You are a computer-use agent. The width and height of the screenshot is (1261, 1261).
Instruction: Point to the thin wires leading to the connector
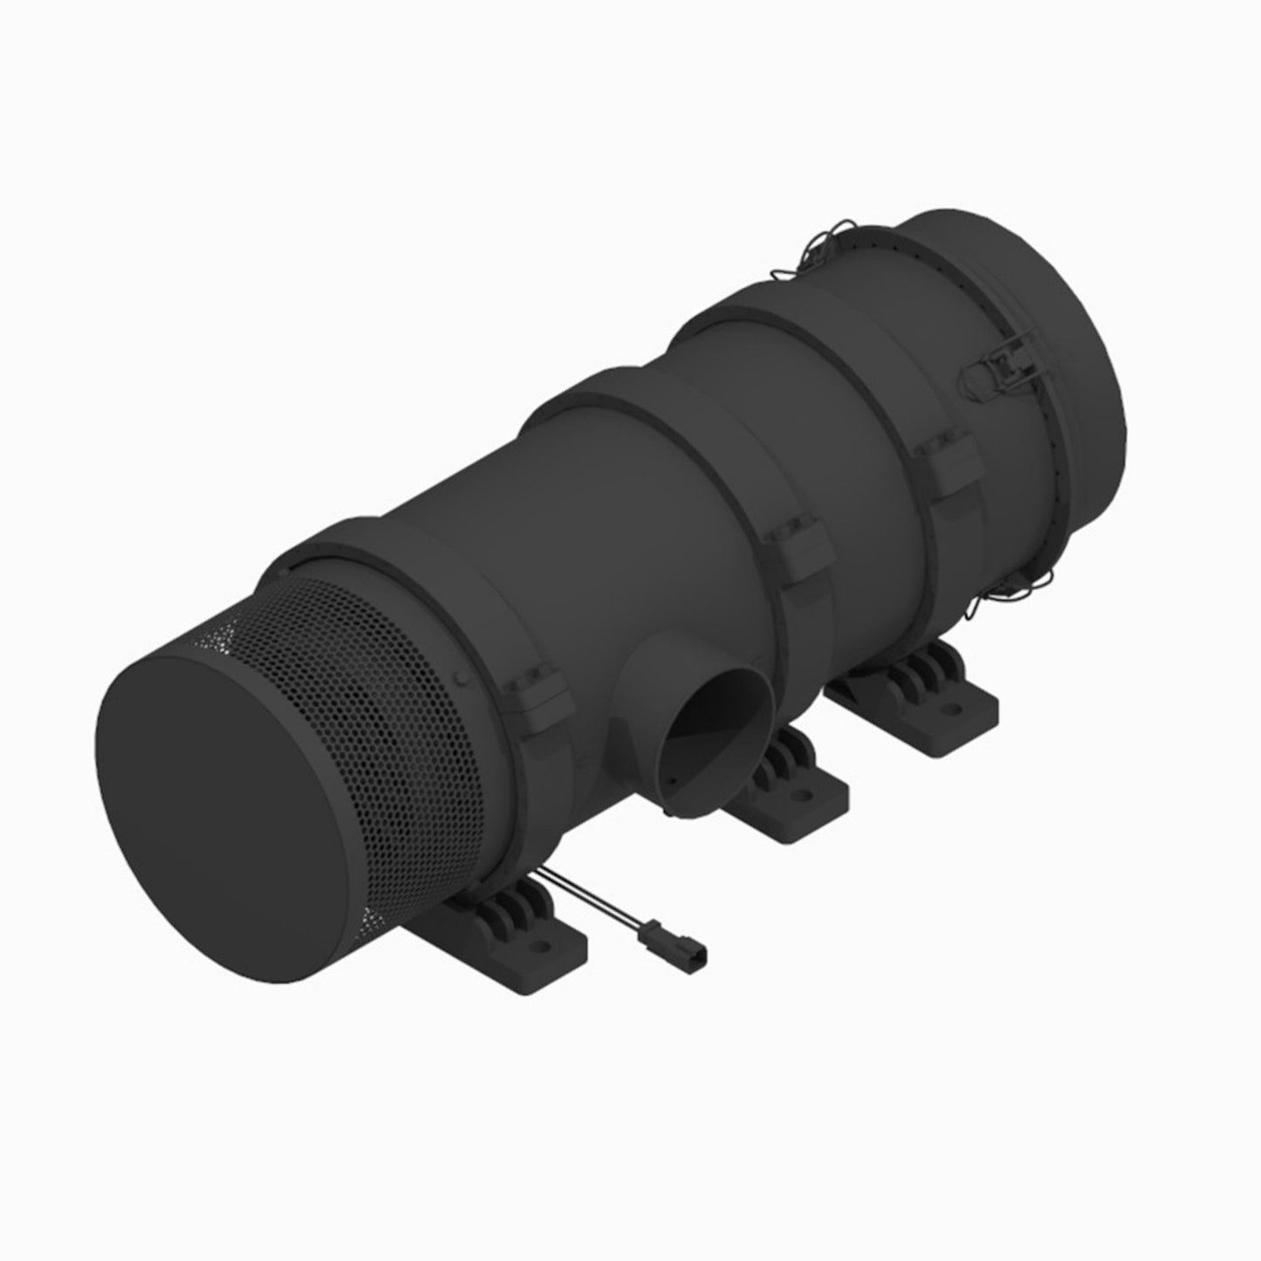tap(593, 899)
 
